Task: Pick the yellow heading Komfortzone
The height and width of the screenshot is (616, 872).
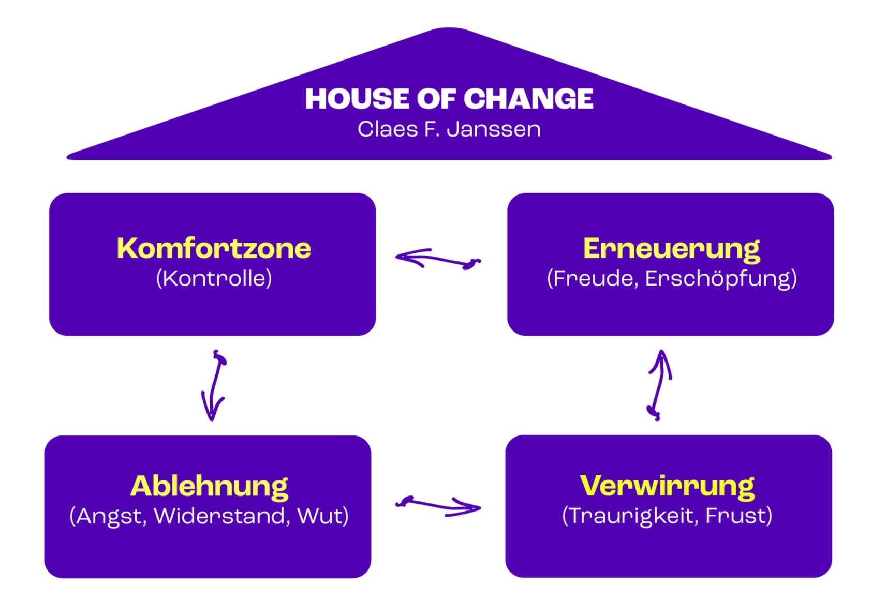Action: [x=214, y=248]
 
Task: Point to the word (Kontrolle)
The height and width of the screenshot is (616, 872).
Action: [x=214, y=278]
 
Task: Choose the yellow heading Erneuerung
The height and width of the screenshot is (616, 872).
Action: [x=671, y=249]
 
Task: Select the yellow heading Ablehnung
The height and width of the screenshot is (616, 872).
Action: [x=209, y=486]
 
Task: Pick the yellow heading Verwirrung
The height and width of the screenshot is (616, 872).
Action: [x=667, y=486]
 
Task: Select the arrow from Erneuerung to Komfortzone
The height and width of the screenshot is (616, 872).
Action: [x=437, y=259]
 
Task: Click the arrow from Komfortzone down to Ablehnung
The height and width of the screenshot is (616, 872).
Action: [x=214, y=385]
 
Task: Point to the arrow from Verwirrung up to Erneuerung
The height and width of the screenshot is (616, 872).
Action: [x=658, y=385]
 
